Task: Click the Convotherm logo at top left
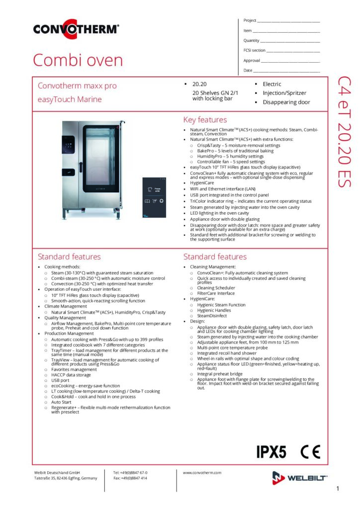click(x=76, y=29)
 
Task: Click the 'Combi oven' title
click(x=78, y=60)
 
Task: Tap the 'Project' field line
click(x=288, y=22)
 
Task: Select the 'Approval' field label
click(x=252, y=60)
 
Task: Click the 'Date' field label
click(x=248, y=70)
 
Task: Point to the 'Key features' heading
click(x=205, y=120)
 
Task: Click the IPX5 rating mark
click(x=271, y=452)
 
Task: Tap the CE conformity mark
click(x=310, y=452)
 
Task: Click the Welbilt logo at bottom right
click(x=300, y=478)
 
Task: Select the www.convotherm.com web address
click(x=202, y=473)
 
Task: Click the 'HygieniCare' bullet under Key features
click(x=202, y=182)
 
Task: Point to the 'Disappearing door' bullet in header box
click(x=286, y=102)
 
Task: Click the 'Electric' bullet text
click(x=272, y=84)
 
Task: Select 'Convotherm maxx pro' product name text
click(x=77, y=85)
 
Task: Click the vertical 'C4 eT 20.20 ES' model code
click(x=345, y=132)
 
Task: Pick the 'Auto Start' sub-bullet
click(x=61, y=402)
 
